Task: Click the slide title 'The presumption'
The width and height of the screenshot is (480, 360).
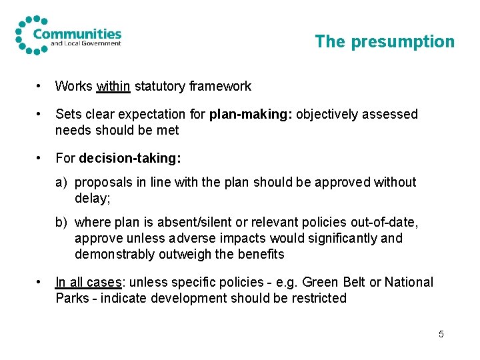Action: pyautogui.click(x=384, y=41)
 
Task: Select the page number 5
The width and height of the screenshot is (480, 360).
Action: pyautogui.click(x=441, y=333)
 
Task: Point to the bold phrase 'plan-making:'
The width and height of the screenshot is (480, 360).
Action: pyautogui.click(x=251, y=114)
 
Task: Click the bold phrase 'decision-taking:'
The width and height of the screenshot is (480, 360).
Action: pyautogui.click(x=130, y=158)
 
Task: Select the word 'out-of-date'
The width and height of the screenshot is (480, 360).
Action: pyautogui.click(x=380, y=222)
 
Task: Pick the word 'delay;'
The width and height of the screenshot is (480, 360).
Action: pyautogui.click(x=91, y=198)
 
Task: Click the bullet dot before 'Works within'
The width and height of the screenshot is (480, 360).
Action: pyautogui.click(x=41, y=86)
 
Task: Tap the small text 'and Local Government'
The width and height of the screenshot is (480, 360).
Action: pyautogui.click(x=86, y=44)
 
